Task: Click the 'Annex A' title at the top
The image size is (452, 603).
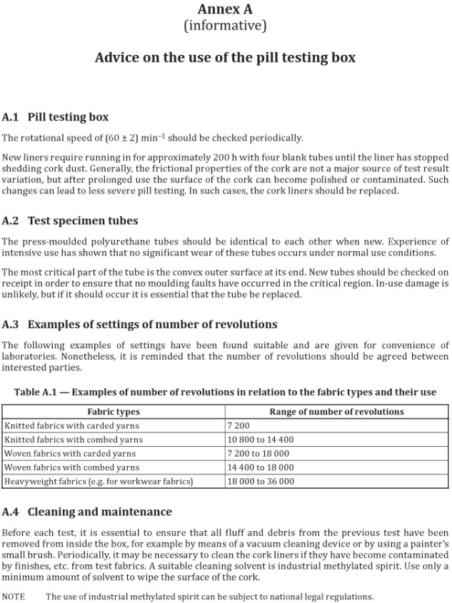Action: point(225,9)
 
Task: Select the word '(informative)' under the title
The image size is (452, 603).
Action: point(225,26)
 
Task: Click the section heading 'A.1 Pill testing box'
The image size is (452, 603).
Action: point(56,116)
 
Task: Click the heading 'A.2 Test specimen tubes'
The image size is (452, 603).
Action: point(70,221)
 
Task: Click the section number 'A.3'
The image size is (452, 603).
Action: point(11,325)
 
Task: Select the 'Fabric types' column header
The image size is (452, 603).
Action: point(113,412)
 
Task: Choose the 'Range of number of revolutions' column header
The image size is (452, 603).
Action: point(336,412)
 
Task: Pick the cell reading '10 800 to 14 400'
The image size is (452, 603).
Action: point(260,440)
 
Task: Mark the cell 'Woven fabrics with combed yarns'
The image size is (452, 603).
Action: point(71,467)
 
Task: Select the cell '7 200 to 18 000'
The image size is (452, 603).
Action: point(258,454)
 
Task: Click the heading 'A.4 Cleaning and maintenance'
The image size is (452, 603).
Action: point(87,512)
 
